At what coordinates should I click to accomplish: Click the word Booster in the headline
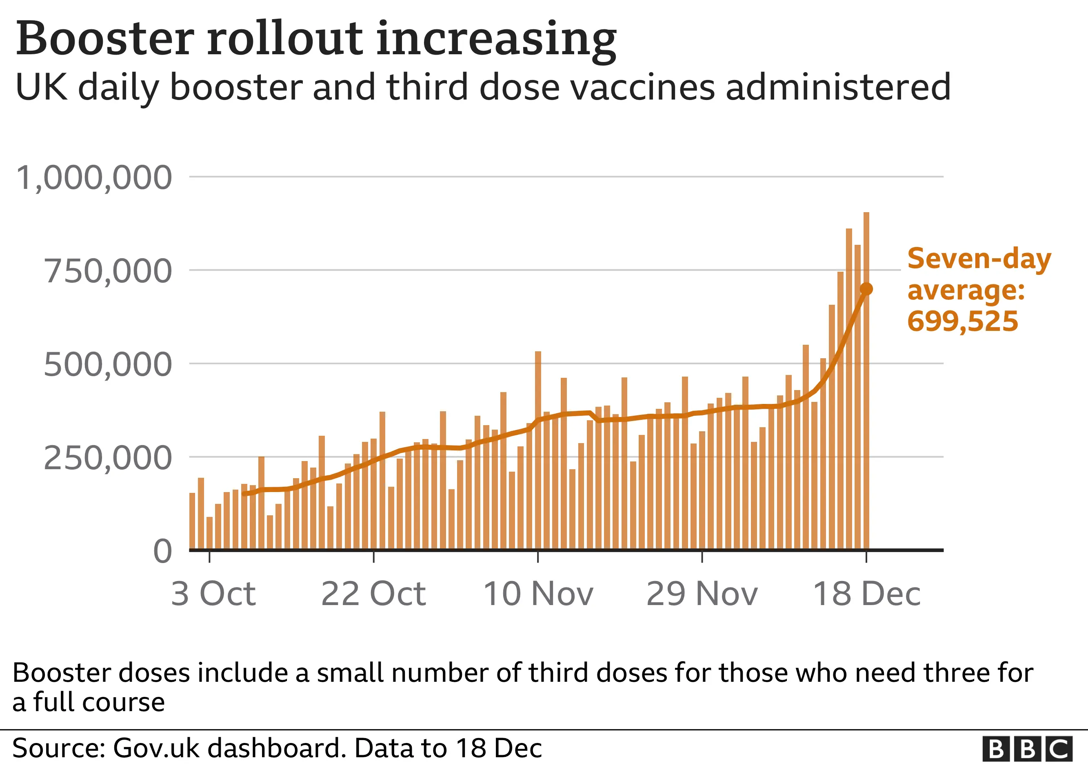(105, 39)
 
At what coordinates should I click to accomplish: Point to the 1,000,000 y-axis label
(94, 178)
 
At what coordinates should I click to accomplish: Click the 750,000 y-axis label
(108, 271)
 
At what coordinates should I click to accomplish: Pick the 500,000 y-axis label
(108, 365)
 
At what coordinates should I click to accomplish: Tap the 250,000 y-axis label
(108, 458)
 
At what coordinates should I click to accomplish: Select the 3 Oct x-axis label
(213, 594)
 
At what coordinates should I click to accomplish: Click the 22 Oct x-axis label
(373, 594)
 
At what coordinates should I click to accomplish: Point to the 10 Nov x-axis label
(538, 594)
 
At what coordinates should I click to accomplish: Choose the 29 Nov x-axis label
(702, 594)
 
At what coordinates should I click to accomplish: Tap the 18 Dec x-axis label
(867, 594)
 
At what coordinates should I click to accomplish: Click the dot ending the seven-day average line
(866, 289)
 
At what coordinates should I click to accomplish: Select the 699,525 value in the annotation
(962, 321)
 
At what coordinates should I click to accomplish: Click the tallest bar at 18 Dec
(866, 379)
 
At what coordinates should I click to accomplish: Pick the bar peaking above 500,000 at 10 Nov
(538, 450)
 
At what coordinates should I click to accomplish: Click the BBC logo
(1027, 749)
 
